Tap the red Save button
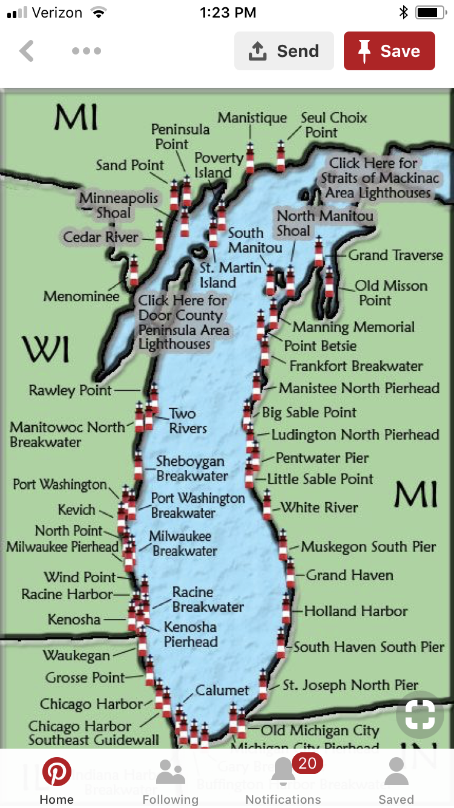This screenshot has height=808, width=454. [x=389, y=51]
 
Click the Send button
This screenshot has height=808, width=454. [x=284, y=51]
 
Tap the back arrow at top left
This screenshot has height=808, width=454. [x=27, y=51]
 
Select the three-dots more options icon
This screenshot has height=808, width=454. [x=86, y=51]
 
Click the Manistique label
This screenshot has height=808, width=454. [x=252, y=118]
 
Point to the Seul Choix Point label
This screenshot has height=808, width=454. [x=333, y=125]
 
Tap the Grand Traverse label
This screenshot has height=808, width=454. [x=395, y=255]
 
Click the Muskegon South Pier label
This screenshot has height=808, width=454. [x=368, y=546]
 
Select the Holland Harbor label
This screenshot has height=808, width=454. [x=356, y=611]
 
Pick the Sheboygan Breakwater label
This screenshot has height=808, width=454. [x=192, y=468]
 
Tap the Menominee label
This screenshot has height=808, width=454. [x=81, y=297]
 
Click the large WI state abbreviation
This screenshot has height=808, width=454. [x=46, y=349]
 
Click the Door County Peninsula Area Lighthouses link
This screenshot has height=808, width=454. [x=183, y=322]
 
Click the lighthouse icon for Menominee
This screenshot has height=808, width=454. [x=134, y=271]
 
